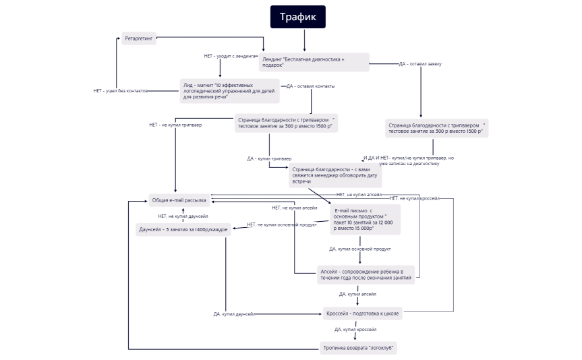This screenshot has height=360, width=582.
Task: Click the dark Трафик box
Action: [x=297, y=17]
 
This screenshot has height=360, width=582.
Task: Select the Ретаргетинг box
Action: [x=140, y=39]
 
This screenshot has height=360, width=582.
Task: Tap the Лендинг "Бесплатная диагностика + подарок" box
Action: [x=314, y=62]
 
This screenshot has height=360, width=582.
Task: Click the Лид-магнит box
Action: [x=230, y=91]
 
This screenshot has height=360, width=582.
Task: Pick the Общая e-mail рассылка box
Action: [x=179, y=200]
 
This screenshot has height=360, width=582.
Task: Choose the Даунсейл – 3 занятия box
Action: [x=183, y=229]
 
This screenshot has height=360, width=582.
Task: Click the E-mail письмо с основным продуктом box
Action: [x=365, y=220]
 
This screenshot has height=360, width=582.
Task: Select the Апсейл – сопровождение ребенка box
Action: [x=365, y=274]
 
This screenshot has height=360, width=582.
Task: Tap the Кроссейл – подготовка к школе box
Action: [x=362, y=313]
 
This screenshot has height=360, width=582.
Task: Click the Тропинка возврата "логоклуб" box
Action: [x=358, y=348]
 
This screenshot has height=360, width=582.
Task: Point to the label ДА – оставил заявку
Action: [x=420, y=63]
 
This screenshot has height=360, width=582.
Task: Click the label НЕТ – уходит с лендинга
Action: [x=230, y=56]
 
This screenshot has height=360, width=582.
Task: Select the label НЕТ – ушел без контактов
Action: [x=120, y=90]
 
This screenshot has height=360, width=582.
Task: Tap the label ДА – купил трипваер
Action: [x=269, y=158]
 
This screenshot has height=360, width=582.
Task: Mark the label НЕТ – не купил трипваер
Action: [x=175, y=125]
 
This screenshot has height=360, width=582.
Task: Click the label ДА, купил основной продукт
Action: [x=359, y=249]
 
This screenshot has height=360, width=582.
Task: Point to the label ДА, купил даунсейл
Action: [x=233, y=313]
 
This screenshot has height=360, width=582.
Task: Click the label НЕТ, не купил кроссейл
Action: [x=414, y=198]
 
